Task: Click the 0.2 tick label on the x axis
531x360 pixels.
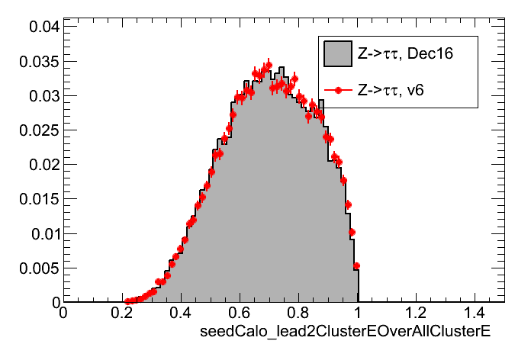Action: [122, 313]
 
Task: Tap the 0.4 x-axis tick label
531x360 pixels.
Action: [181, 313]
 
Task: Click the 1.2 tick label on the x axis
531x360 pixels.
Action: [417, 313]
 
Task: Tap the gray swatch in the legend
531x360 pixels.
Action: [337, 54]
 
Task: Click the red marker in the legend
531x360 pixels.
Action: [337, 90]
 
